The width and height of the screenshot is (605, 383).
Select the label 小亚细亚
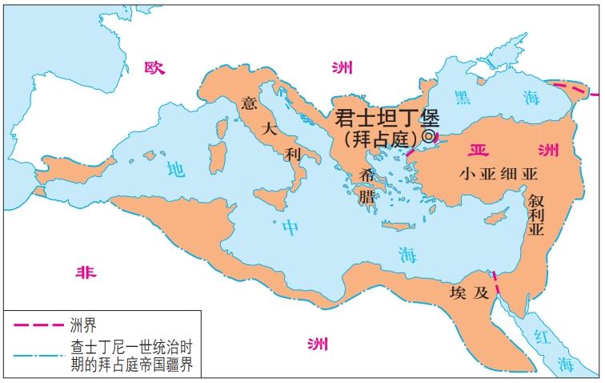point(498,173)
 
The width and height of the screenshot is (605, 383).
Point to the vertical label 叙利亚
point(535,216)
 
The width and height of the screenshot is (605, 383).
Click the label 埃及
point(469,292)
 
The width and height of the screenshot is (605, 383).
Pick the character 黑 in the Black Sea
point(463,96)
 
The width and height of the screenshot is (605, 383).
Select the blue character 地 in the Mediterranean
point(175,168)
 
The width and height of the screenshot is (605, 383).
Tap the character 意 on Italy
point(249,103)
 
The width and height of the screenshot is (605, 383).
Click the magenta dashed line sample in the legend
point(35,325)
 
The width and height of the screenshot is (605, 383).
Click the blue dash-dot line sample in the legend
point(35,355)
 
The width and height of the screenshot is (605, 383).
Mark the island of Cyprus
point(499,216)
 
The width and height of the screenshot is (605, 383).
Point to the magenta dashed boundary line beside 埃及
point(497,285)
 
